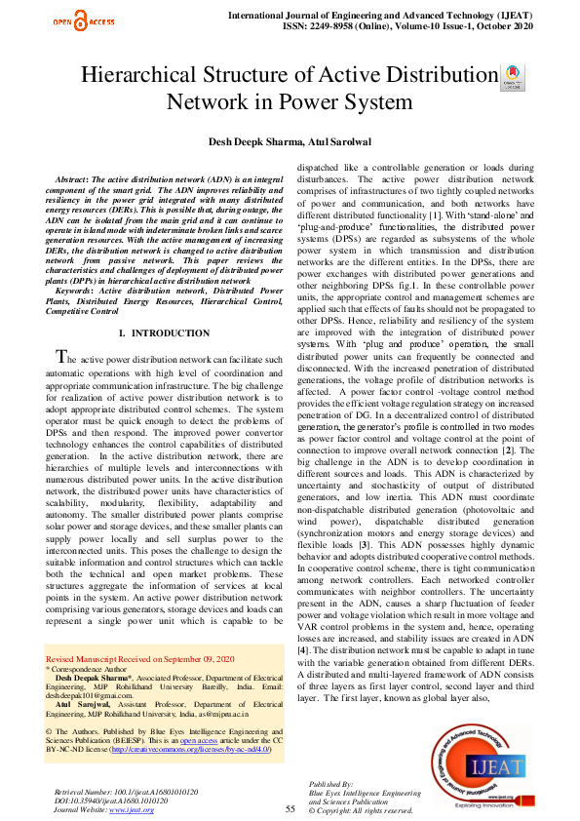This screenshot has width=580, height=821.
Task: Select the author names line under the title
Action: pos(289,142)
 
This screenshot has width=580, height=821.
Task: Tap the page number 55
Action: pos(290,808)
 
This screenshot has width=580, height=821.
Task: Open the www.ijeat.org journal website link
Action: pos(135,810)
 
